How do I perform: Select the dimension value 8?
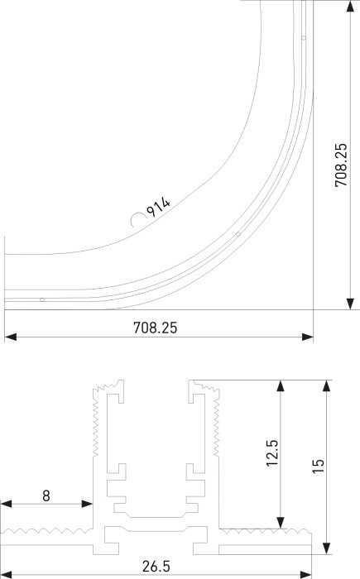46,495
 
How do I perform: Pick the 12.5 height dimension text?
272,454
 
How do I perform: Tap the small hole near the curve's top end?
304,38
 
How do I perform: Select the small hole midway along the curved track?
238,235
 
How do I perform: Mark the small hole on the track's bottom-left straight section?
42,299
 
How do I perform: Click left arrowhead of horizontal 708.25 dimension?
9,337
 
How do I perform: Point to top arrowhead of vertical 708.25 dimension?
349,6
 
